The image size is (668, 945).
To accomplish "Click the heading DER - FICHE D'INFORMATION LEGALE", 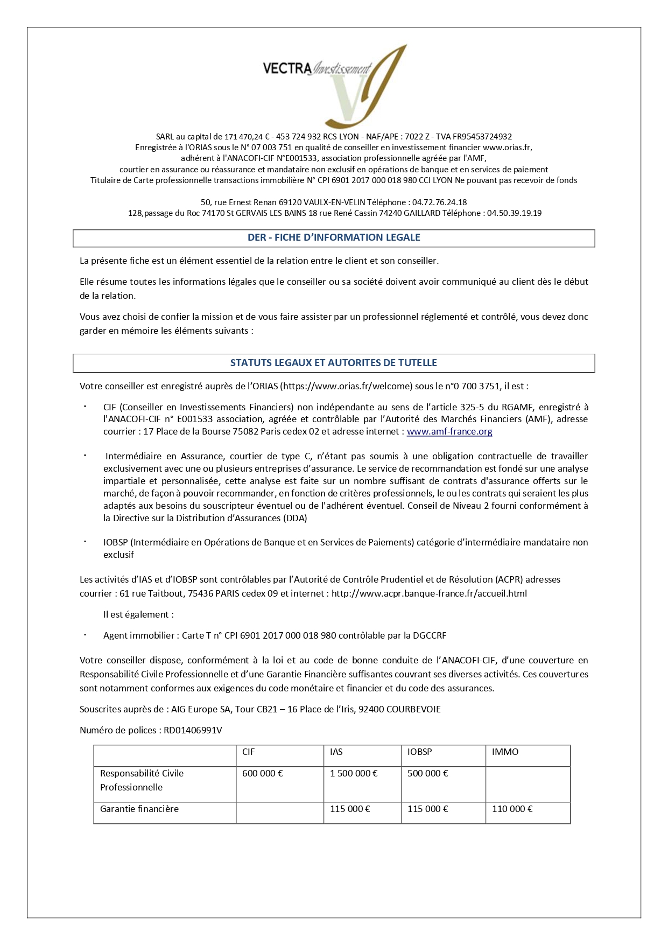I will tap(334, 237).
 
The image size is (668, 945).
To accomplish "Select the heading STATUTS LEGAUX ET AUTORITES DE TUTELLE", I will tap(334, 363).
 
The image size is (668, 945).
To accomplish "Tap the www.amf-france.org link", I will tap(449, 431).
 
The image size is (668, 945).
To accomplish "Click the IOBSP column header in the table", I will tap(420, 752).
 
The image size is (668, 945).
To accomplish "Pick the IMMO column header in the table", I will tap(505, 752).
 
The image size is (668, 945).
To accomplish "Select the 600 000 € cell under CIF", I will tap(263, 773).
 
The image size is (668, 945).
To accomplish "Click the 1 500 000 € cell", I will tap(354, 773).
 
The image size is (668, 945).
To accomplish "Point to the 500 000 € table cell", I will tap(428, 773).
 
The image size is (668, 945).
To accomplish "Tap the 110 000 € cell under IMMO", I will tap(512, 809).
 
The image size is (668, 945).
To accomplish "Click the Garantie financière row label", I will tap(139, 809).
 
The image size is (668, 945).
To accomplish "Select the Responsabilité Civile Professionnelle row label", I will tap(142, 780).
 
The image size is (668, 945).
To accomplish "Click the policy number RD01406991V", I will tap(196, 731).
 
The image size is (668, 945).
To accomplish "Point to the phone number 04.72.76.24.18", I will tap(439, 202).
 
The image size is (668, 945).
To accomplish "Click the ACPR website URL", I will tap(429, 594).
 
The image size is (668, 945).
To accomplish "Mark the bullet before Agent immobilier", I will tap(85, 635).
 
